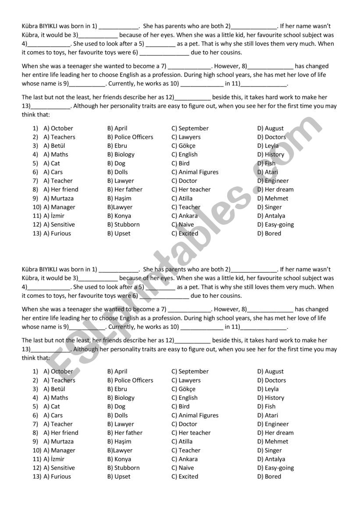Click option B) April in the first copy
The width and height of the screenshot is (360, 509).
pyautogui.click(x=117, y=128)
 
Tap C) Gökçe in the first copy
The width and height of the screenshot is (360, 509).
pyautogui.click(x=183, y=146)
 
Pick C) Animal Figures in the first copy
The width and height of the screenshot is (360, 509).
pyautogui.click(x=195, y=172)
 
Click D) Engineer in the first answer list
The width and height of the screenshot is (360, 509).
pyautogui.click(x=273, y=181)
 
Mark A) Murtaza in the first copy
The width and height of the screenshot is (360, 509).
pyautogui.click(x=58, y=199)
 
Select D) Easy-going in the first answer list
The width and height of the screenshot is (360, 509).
pyautogui.click(x=275, y=225)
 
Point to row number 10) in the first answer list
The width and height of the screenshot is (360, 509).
pyautogui.click(x=36, y=207)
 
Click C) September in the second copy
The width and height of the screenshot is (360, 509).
pyautogui.click(x=190, y=372)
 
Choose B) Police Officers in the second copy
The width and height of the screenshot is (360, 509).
pyautogui.click(x=130, y=381)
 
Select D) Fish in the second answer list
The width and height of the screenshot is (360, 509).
pyautogui.click(x=267, y=407)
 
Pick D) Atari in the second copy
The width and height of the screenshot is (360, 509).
pyautogui.click(x=267, y=416)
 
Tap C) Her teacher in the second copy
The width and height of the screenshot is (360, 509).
pyautogui.click(x=191, y=433)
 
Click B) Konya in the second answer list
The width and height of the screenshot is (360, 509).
pyautogui.click(x=119, y=459)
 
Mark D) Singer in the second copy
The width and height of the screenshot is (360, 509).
pyautogui.click(x=270, y=451)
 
